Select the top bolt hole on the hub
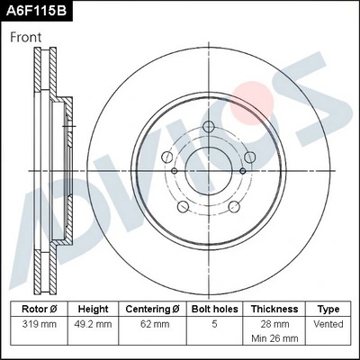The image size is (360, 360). click(x=207, y=125)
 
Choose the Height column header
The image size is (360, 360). click(x=93, y=309)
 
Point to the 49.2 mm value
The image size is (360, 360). click(x=93, y=323)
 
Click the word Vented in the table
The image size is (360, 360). click(x=328, y=323)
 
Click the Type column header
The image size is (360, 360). click(x=328, y=309)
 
